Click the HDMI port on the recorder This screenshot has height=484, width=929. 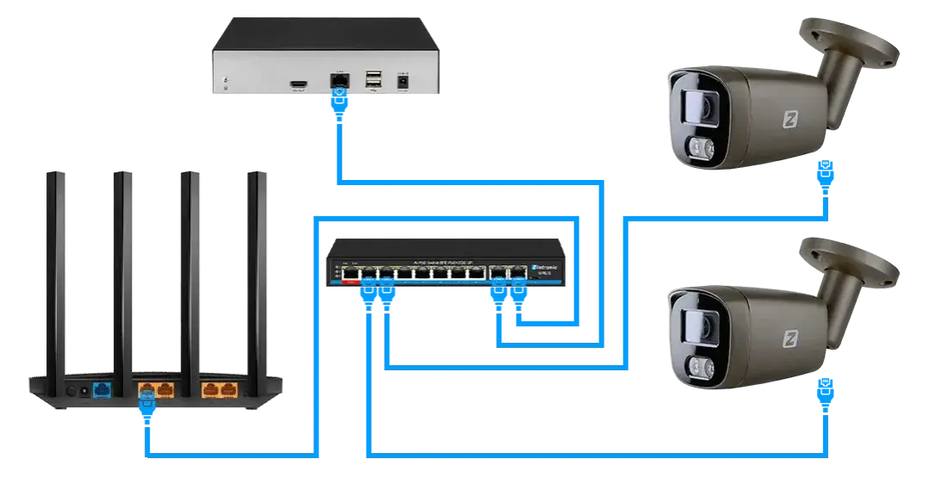300,84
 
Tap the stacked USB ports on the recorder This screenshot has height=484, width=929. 373,80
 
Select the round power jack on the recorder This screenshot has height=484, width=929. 400,82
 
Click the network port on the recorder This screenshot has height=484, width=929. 338,80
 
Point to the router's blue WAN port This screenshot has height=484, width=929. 102,390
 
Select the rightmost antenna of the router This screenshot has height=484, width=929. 256,267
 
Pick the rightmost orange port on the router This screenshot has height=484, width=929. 228,390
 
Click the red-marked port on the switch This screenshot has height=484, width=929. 350,276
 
